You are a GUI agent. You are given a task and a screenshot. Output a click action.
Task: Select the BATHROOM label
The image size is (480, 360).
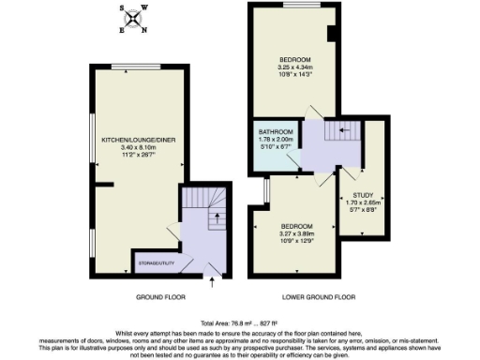(x=276, y=131)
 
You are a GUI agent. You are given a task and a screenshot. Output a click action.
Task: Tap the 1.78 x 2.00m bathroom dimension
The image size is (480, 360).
(x=276, y=139)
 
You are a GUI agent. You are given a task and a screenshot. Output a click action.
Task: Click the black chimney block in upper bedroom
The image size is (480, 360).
(x=332, y=35)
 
